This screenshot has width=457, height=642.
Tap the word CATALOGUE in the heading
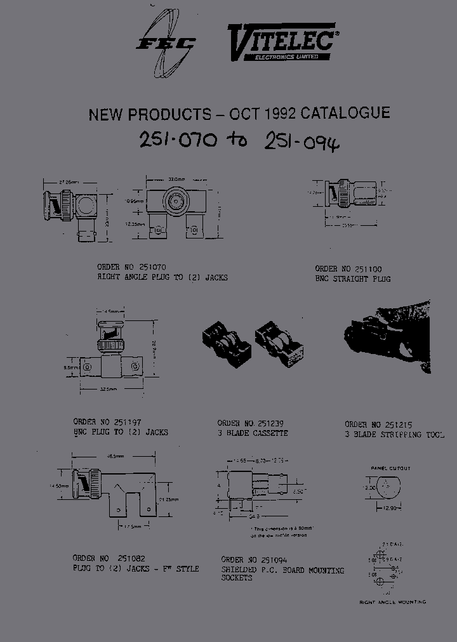pyautogui.click(x=345, y=114)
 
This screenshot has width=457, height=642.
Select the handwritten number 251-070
pyautogui.click(x=178, y=140)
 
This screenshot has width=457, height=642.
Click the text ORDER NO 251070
pyautogui.click(x=132, y=268)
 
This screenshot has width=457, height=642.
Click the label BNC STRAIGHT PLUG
pyautogui.click(x=353, y=279)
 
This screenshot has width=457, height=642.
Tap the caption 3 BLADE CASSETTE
pyautogui.click(x=253, y=433)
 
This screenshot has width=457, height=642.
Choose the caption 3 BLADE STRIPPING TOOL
pyautogui.click(x=395, y=435)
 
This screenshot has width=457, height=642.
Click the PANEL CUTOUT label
pyautogui.click(x=390, y=468)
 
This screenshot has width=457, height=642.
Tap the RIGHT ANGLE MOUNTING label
pyautogui.click(x=393, y=602)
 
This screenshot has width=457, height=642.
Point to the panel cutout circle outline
pyautogui.click(x=389, y=488)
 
